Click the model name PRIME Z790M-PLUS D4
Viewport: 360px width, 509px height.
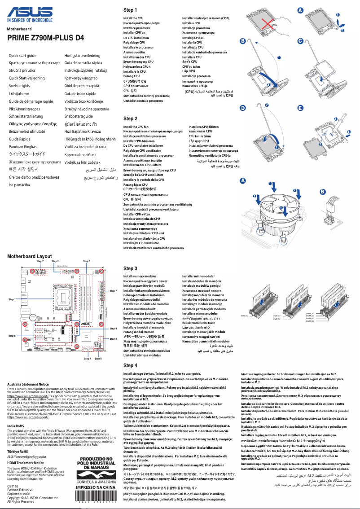coord(45,38)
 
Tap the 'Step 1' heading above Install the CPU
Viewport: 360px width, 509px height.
coord(130,10)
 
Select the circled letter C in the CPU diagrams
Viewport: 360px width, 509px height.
coord(300,41)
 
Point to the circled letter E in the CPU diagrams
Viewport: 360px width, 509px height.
coord(300,109)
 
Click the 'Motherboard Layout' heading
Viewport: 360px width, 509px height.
coord(30,256)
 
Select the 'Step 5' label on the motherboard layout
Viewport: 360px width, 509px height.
coord(12,336)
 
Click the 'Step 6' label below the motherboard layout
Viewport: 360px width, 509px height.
coord(98,359)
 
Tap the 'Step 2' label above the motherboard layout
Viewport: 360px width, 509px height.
coord(55,261)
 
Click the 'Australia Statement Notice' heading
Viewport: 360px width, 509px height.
coord(28,384)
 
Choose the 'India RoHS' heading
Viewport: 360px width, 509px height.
coord(16,425)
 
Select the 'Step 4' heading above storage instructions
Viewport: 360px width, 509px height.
coord(130,365)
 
